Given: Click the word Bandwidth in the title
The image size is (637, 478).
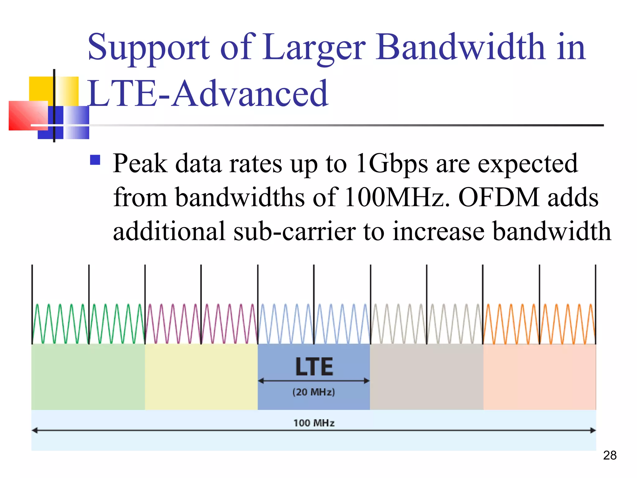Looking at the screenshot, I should click(x=460, y=47).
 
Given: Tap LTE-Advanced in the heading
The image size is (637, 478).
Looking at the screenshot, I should click(x=208, y=93).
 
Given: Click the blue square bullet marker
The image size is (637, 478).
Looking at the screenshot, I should click(x=95, y=160).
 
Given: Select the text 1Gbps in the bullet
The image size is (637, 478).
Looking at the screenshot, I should click(x=392, y=164).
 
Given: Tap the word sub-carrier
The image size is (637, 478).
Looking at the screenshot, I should click(x=295, y=232).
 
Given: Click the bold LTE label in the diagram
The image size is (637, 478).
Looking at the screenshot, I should click(x=314, y=367).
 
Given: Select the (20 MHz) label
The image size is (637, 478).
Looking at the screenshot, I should click(x=314, y=392).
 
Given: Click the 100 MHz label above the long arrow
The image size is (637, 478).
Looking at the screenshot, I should click(x=314, y=423).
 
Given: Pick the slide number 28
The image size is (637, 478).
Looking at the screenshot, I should click(x=610, y=455).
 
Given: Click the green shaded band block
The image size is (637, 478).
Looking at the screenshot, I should click(x=88, y=377).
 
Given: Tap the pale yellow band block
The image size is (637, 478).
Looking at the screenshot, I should click(x=201, y=377).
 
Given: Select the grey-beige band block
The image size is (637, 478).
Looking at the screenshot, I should click(x=426, y=377).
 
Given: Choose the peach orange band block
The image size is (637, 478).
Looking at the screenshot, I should click(x=540, y=377).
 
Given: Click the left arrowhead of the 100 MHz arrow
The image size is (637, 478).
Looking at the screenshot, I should click(x=35, y=431).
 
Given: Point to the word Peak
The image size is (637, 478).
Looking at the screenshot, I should click(x=140, y=164).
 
